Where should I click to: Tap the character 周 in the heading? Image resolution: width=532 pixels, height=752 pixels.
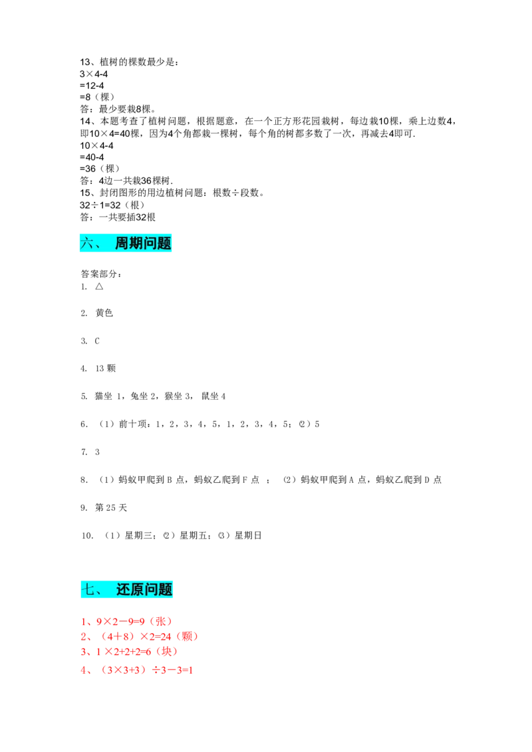point(122,243)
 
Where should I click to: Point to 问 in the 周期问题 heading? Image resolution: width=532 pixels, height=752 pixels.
point(151,243)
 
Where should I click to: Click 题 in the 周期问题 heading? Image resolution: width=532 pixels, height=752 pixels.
point(165,243)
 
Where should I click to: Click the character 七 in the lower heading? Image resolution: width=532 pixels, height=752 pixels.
point(88,589)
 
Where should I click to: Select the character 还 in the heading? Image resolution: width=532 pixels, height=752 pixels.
point(124,589)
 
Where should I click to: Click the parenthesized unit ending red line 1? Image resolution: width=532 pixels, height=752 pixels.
point(161,622)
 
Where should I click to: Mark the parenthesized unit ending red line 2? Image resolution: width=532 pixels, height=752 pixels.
point(188,637)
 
